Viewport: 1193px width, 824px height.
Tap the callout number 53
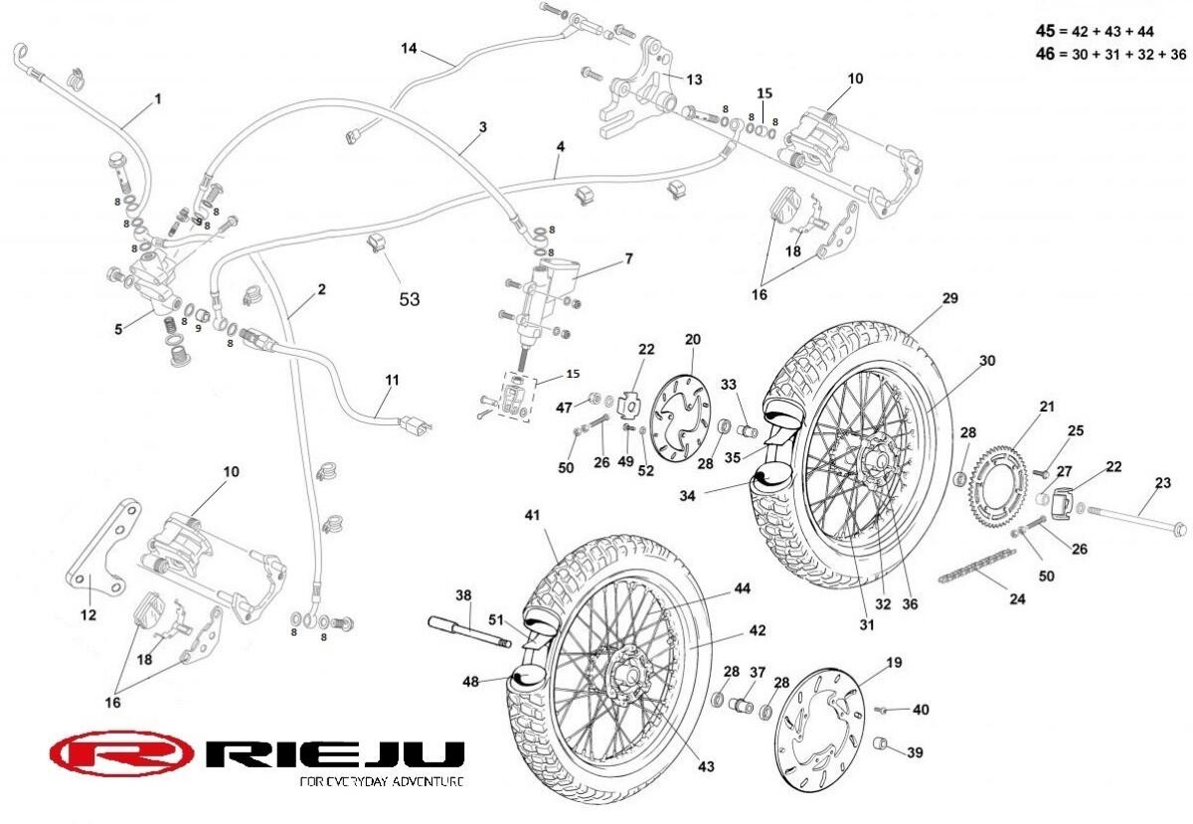(x=409, y=298)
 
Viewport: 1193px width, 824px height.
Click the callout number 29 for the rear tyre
(x=949, y=298)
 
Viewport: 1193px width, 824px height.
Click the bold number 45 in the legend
(x=1045, y=31)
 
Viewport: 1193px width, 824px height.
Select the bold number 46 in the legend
(x=1045, y=54)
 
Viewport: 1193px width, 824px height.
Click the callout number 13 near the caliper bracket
(x=694, y=79)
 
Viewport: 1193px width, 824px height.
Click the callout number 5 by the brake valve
(x=118, y=328)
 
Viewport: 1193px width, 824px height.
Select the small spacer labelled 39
(x=879, y=744)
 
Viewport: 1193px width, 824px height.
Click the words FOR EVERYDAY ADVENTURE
(x=381, y=781)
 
